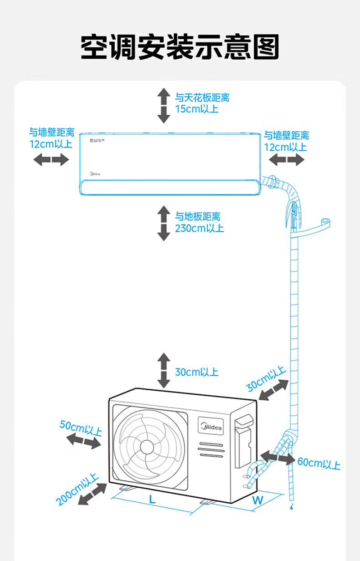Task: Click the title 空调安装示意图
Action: tap(180, 47)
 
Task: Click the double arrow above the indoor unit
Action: tap(164, 106)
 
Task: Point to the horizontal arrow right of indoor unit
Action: tap(287, 159)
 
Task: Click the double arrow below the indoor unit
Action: tap(164, 223)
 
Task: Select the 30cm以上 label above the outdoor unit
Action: tap(196, 372)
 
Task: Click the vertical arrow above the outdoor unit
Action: tap(164, 370)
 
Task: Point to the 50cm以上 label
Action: tap(81, 428)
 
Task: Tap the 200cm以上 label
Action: tap(78, 490)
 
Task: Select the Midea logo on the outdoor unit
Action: tap(210, 428)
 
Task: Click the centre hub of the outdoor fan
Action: tap(147, 446)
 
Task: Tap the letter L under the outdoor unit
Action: tap(152, 499)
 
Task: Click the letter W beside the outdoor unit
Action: tap(257, 500)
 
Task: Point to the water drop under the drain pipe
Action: tap(290, 506)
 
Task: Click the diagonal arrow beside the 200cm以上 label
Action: tap(93, 494)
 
